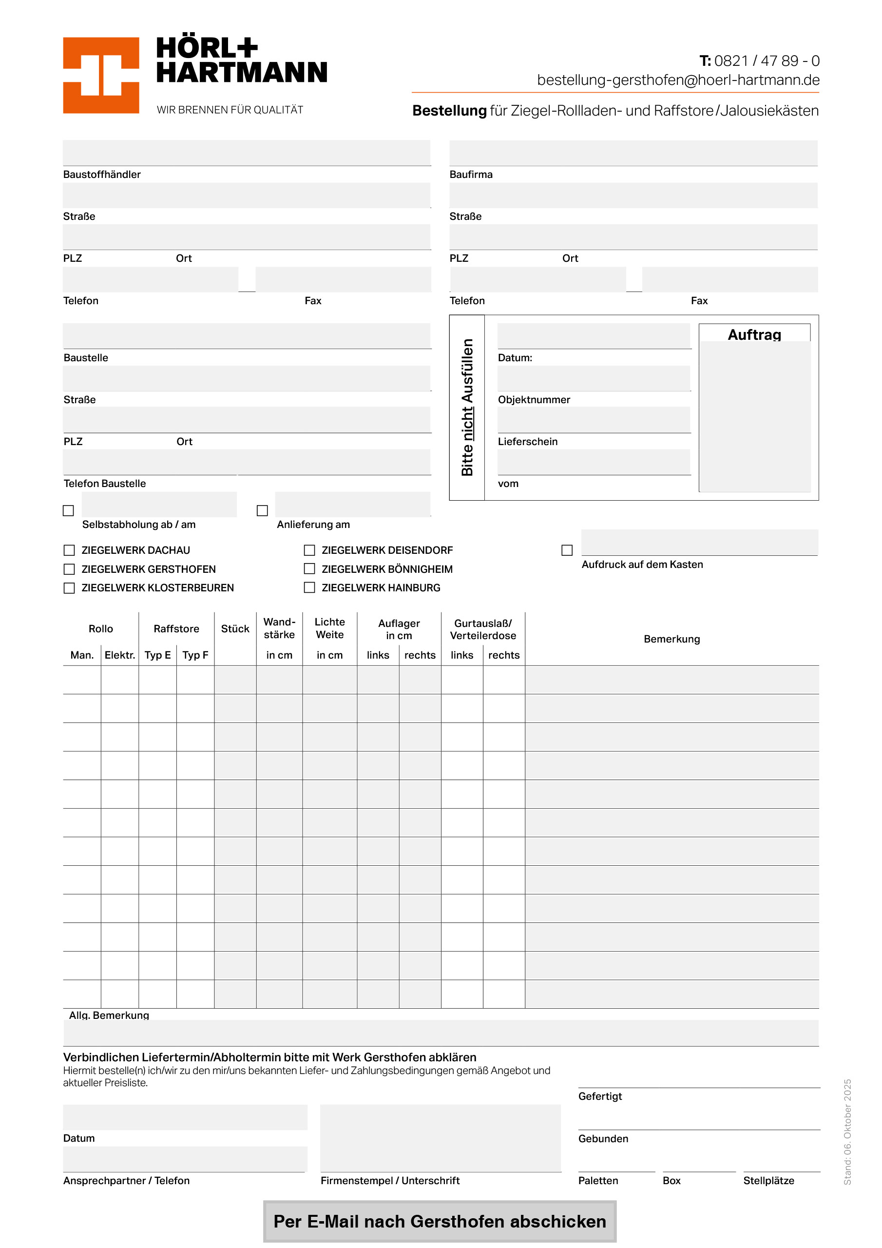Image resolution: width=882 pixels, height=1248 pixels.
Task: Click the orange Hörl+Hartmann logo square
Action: (x=101, y=75)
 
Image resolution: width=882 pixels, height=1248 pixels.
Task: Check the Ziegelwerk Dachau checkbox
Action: (x=69, y=550)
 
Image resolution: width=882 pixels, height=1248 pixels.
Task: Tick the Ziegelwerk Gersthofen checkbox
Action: (x=69, y=569)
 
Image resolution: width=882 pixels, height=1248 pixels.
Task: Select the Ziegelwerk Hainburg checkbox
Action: (x=309, y=587)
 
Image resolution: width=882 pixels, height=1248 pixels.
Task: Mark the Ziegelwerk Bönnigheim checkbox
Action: (x=309, y=568)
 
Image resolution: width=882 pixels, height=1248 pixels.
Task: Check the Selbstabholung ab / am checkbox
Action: (x=69, y=510)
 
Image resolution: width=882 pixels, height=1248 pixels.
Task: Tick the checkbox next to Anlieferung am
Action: (x=263, y=510)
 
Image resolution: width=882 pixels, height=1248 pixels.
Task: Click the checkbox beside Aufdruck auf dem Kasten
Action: (x=567, y=550)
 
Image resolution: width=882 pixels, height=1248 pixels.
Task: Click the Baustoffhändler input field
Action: (x=246, y=153)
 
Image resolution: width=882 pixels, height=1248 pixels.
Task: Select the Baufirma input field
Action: (x=633, y=153)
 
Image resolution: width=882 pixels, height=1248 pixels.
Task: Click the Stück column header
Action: (x=235, y=629)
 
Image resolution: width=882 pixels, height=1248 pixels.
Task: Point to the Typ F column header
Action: (x=195, y=655)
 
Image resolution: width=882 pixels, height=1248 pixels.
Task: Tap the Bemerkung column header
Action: (x=671, y=639)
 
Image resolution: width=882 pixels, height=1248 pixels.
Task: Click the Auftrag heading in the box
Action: (x=754, y=334)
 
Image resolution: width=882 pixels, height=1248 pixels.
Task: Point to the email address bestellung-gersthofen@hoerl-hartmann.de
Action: (x=678, y=80)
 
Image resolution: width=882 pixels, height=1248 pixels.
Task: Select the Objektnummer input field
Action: (x=594, y=378)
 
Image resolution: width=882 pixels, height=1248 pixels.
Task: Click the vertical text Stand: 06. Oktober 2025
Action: (x=847, y=1131)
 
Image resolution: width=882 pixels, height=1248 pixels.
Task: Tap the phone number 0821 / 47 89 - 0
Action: (x=766, y=60)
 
